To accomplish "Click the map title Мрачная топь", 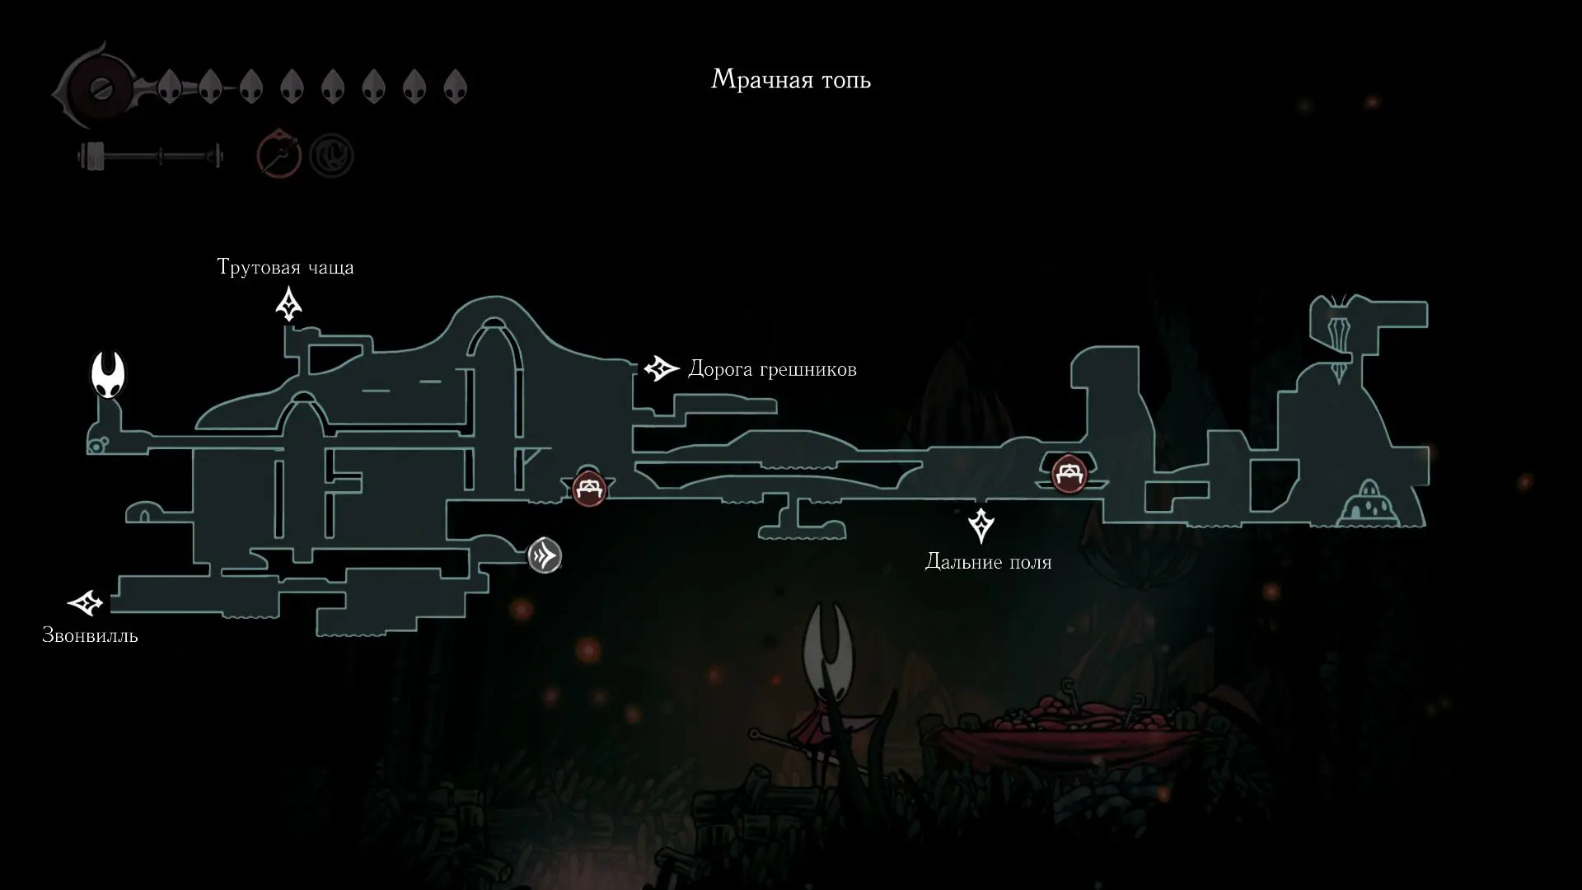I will point(791,80).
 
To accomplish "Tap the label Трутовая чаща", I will point(285,267).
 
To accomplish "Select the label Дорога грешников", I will point(772,369).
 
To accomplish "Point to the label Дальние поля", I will point(988,562).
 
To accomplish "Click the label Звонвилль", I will point(90,636).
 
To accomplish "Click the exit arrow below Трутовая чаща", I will point(288,303).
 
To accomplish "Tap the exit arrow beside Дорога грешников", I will point(661,368).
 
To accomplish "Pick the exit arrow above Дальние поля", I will point(981,525).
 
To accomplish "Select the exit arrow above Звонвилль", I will point(85,603).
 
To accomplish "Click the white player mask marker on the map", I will point(108,374).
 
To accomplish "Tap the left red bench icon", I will point(589,489).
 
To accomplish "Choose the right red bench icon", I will point(1069,474).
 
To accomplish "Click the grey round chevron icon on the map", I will point(545,555).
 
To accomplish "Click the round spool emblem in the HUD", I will point(100,87).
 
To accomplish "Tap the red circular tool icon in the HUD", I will point(278,154).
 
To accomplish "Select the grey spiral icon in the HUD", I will point(331,156).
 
